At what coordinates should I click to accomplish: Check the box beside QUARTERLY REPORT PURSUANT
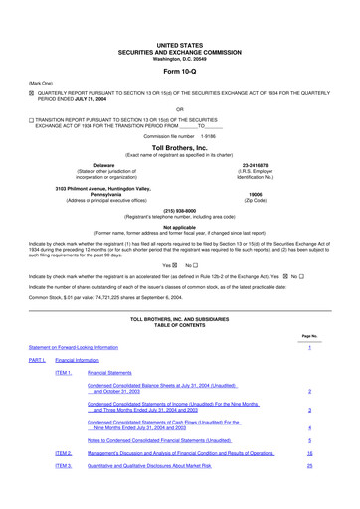click(x=31, y=92)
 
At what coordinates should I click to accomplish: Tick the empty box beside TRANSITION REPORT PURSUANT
click(x=31, y=118)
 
